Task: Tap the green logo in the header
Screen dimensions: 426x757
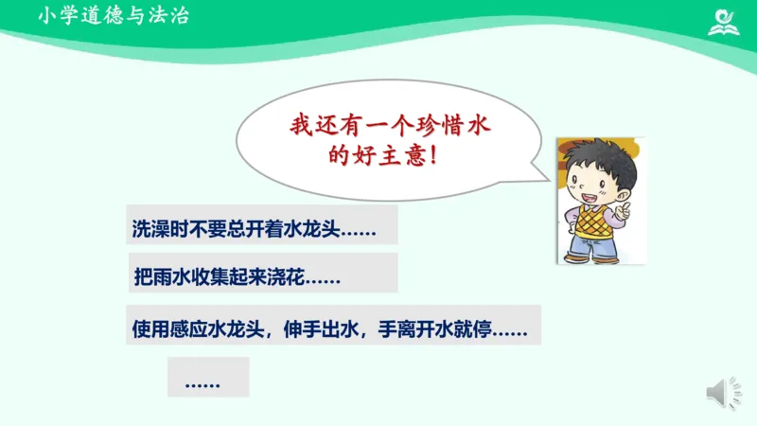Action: tap(727, 20)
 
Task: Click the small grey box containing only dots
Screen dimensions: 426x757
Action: tap(207, 377)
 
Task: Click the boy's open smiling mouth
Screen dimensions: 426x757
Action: tap(588, 200)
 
